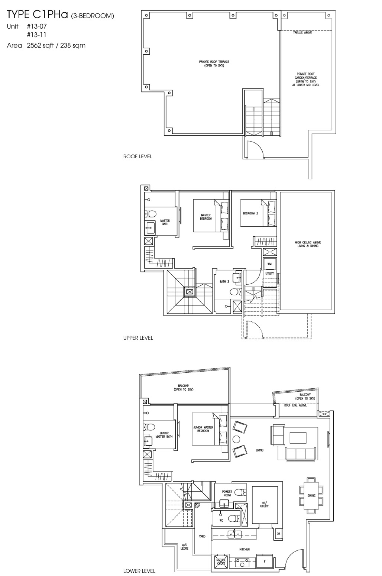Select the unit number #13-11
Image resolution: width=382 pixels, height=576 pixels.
coord(36,35)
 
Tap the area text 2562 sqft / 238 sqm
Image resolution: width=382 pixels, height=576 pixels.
coord(56,46)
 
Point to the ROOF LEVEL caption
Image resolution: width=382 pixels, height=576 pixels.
coord(137,156)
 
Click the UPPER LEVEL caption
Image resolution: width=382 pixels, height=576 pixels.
coord(138,338)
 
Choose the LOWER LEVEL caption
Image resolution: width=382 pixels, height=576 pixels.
coord(139,571)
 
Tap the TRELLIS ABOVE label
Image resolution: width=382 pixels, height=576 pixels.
coord(302,33)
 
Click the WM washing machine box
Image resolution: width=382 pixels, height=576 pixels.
coord(269,264)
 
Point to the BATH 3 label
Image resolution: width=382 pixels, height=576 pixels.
coord(224,281)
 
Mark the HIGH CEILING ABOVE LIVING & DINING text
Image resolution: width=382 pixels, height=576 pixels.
coord(306,244)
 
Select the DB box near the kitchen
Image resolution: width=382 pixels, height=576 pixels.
coord(278,534)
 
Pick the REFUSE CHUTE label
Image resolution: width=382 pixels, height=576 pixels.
coord(221,562)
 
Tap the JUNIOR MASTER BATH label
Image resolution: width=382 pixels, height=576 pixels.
coord(164,434)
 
